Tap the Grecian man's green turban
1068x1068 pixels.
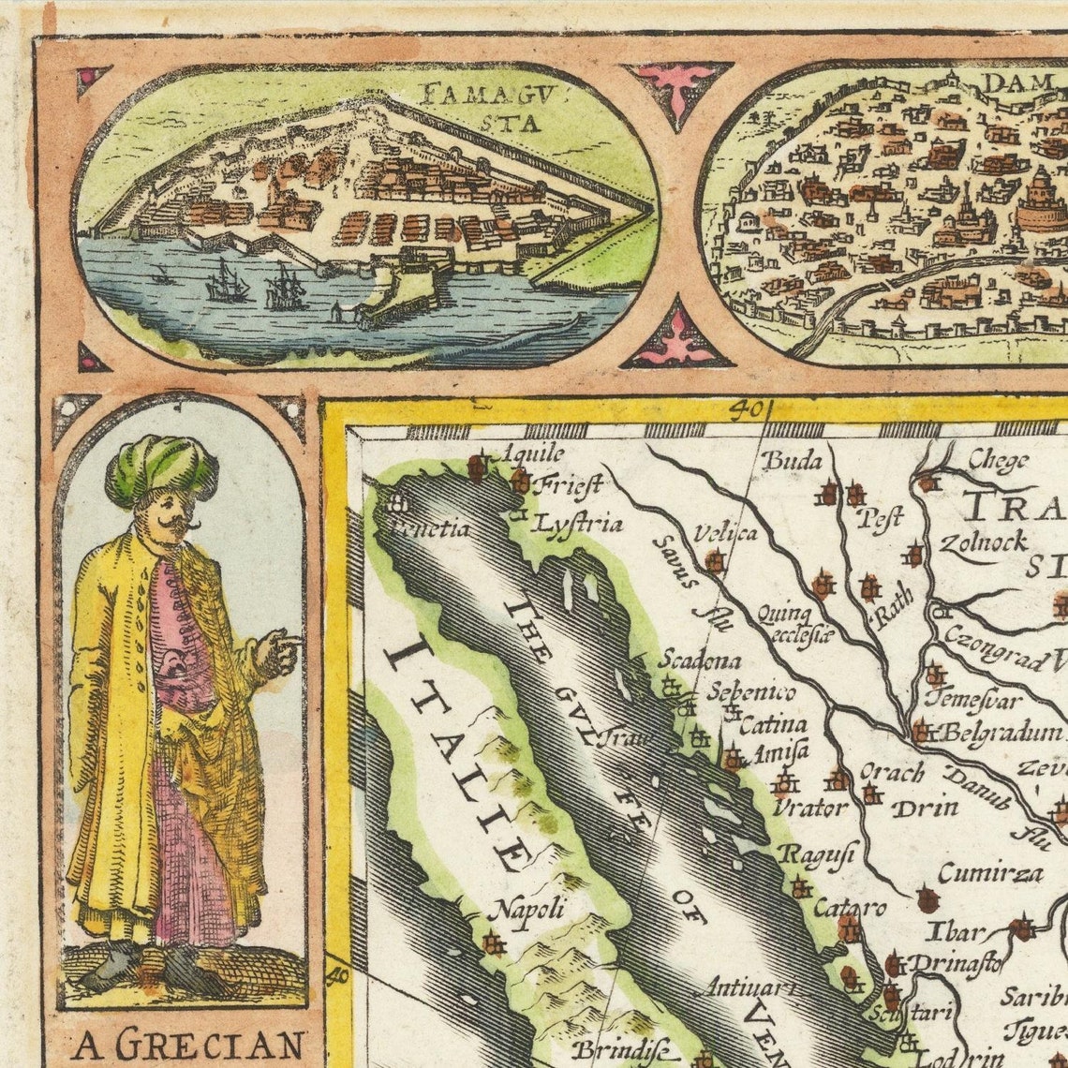(161, 468)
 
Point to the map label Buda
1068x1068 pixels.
(790, 460)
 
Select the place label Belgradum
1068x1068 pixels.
(1001, 733)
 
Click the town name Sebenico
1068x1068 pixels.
(750, 692)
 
